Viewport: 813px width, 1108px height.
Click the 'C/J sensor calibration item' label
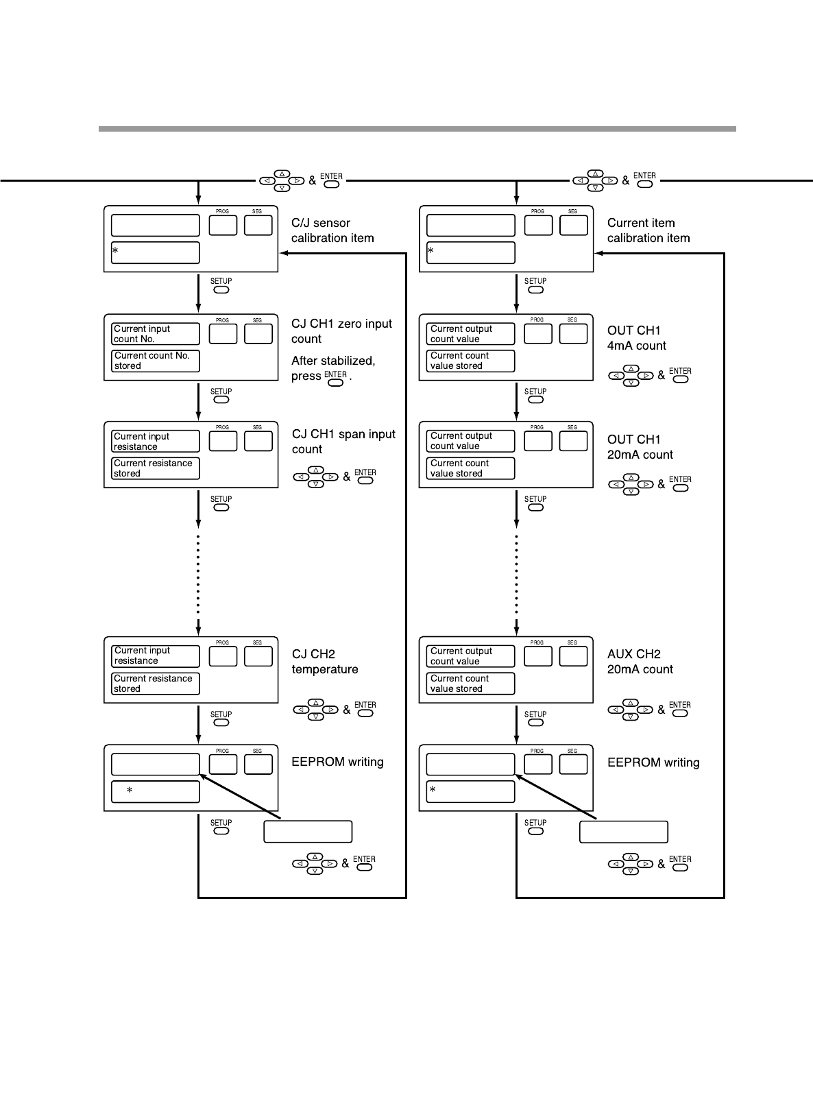332,230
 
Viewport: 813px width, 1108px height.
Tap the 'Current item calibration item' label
648,230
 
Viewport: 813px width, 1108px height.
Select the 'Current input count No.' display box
156,334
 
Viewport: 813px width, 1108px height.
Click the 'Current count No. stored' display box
156,361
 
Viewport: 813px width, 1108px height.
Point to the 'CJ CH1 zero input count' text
341,331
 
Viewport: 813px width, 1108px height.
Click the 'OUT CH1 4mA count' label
636,338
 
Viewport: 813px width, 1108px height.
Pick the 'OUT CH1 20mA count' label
640,447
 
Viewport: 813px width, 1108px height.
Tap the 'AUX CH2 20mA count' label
640,662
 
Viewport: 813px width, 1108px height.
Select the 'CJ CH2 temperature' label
324,662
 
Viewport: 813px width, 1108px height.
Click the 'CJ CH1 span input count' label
343,442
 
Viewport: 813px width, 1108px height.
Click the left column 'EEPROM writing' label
337,762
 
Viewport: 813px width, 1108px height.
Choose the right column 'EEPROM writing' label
653,762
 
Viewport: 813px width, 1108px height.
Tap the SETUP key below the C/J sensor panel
221,289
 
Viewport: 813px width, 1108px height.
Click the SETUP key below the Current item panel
536,289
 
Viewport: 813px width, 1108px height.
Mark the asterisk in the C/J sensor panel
115,252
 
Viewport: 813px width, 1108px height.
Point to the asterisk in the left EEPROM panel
130,791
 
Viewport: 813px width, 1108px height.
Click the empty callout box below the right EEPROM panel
623,832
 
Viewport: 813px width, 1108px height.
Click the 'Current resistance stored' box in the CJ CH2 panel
156,684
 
